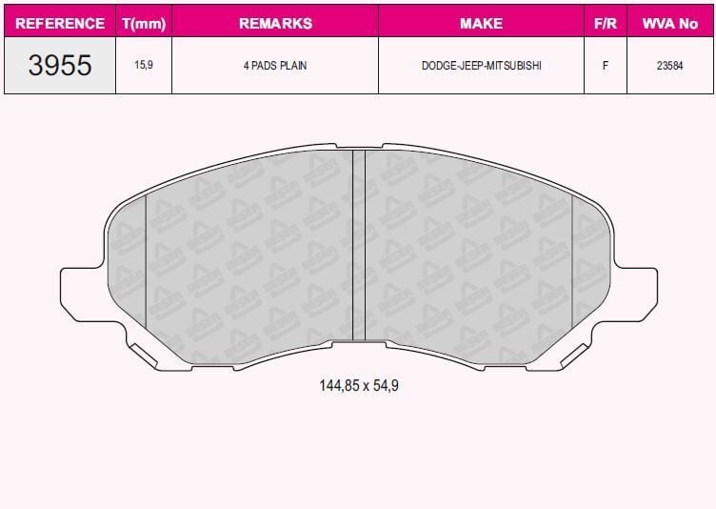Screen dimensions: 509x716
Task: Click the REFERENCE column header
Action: tap(59, 23)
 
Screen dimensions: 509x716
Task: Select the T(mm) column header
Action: tap(144, 23)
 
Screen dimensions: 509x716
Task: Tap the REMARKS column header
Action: tap(274, 23)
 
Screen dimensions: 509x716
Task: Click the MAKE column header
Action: tap(481, 23)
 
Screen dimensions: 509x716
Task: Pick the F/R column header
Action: tap(605, 23)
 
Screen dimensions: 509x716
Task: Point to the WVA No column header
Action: tap(670, 23)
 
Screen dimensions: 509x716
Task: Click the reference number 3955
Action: tap(59, 66)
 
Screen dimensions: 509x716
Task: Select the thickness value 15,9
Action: tap(144, 66)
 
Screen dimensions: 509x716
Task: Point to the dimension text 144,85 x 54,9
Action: tap(358, 386)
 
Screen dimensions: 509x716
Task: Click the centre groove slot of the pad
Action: tap(359, 245)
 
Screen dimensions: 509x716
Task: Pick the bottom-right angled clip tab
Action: tap(577, 356)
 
